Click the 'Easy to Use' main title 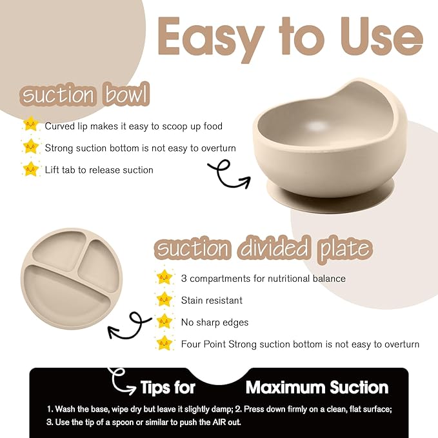[x=289, y=37]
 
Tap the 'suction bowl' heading [x=86, y=95]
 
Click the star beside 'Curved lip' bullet [x=30, y=124]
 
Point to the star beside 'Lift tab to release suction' [x=30, y=169]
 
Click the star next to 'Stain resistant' [x=165, y=299]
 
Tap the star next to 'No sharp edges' [x=165, y=321]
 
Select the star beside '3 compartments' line [x=165, y=278]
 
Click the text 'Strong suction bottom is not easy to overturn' [x=140, y=148]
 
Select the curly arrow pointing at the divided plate [x=129, y=326]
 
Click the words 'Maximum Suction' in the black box [x=317, y=387]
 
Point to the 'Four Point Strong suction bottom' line [x=300, y=344]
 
